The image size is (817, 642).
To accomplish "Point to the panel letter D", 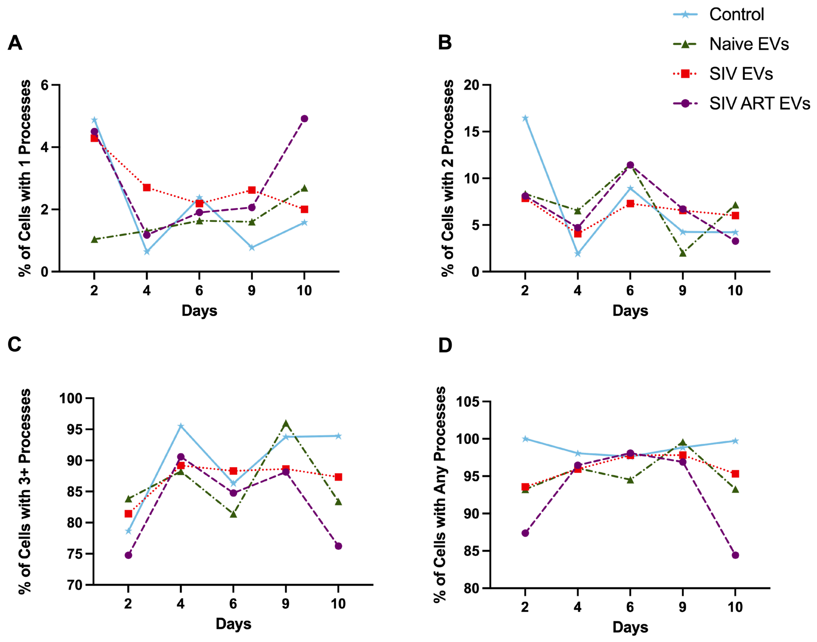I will tap(445, 345).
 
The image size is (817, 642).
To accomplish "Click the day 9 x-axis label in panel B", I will tap(682, 290).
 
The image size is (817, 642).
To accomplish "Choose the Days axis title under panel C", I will tap(233, 624).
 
